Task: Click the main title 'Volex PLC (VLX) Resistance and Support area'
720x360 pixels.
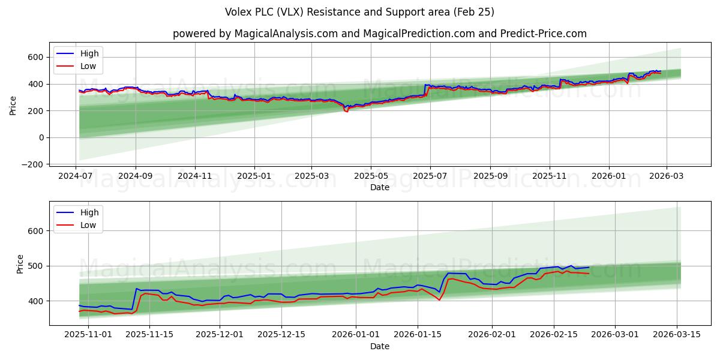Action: [359, 12]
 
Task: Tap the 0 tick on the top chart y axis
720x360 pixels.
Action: [41, 137]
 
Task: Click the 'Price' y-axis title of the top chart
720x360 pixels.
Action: [13, 106]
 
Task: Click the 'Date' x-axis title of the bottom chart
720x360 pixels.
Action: [379, 346]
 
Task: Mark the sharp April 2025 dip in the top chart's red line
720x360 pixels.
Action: [346, 112]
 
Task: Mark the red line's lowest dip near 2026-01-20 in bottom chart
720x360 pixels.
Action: [439, 299]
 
